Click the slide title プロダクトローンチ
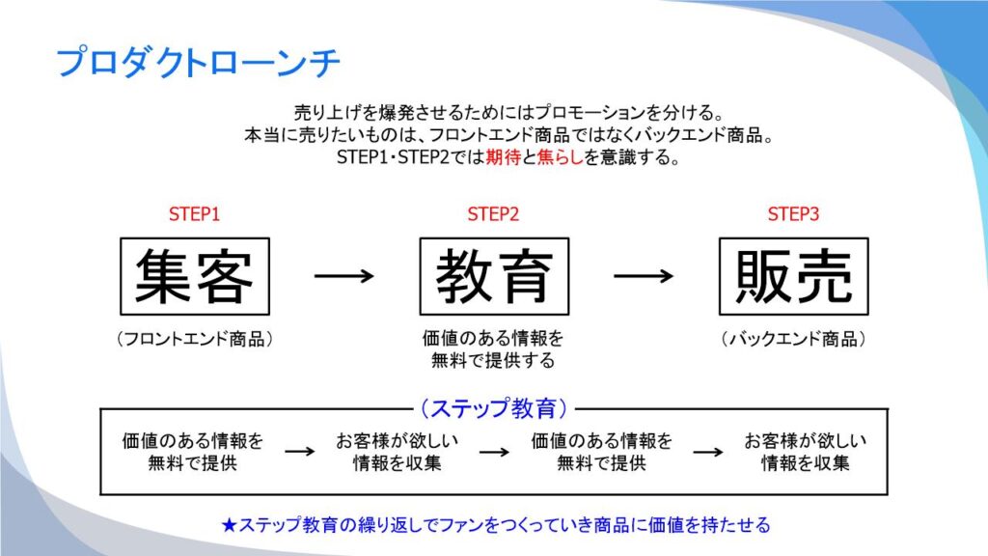pos(199,63)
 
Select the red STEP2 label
pos(493,214)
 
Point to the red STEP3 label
pos(793,214)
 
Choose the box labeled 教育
pos(494,276)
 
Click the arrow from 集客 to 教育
pos(343,276)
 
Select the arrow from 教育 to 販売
pos(644,276)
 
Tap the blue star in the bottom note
pos(229,526)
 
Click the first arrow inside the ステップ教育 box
pos(299,451)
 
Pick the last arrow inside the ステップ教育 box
pos(708,451)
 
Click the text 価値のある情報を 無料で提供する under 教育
pos(493,350)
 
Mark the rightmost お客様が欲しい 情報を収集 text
pos(806,452)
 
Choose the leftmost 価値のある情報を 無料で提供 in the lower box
pos(193,452)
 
